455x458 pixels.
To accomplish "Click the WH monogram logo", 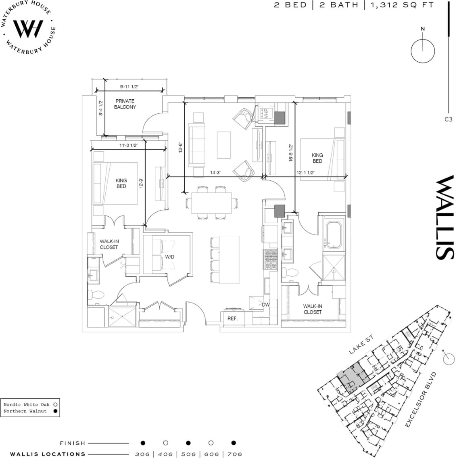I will (28, 28).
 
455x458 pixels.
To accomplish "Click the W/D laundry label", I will (169, 257).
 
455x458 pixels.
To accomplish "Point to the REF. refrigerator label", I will (232, 318).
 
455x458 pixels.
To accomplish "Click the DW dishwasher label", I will (265, 305).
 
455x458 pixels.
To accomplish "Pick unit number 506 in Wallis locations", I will (188, 454).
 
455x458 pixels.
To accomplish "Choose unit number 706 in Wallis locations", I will (234, 454).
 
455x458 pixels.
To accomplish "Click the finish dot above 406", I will (166, 443).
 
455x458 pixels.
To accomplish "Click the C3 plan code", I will (448, 119).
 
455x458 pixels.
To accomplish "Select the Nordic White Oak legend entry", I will (27, 404).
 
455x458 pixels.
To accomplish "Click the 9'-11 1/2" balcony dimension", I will (129, 86).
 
